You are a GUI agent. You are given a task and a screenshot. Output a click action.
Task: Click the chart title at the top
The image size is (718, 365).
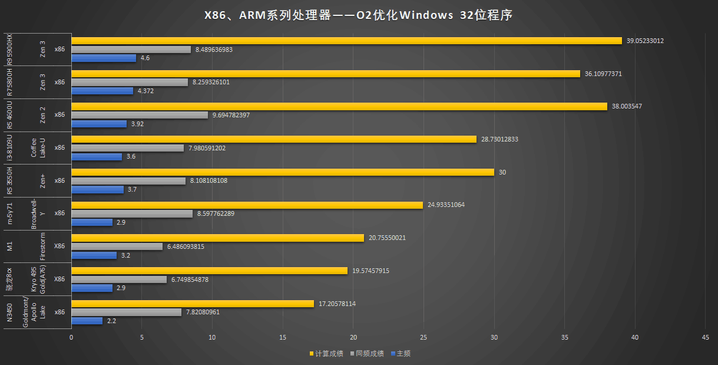coord(358,15)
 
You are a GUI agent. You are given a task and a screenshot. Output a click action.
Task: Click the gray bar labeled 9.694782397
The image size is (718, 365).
coord(140,115)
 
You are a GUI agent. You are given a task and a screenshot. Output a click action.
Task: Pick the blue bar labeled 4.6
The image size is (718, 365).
coord(104,58)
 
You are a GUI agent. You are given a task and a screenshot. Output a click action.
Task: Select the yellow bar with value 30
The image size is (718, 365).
coord(283,172)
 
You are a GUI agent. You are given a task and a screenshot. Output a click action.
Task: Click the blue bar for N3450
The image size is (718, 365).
coord(87,321)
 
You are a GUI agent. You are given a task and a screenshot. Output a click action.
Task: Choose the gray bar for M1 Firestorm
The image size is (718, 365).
coord(117,246)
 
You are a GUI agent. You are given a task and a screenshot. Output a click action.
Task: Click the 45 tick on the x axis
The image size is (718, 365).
coord(705,338)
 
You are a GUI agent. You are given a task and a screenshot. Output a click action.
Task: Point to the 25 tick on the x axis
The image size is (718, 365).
coord(423,338)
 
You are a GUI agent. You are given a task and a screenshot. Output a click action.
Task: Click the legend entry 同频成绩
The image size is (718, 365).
coord(370,354)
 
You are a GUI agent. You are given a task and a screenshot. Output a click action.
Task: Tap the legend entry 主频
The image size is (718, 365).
coord(403,354)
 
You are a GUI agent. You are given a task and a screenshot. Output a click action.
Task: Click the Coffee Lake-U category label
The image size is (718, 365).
coord(38,148)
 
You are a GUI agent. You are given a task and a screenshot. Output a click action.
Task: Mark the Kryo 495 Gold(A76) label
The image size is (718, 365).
coord(38,279)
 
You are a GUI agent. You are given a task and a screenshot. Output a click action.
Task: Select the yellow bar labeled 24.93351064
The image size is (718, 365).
coord(247,205)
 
